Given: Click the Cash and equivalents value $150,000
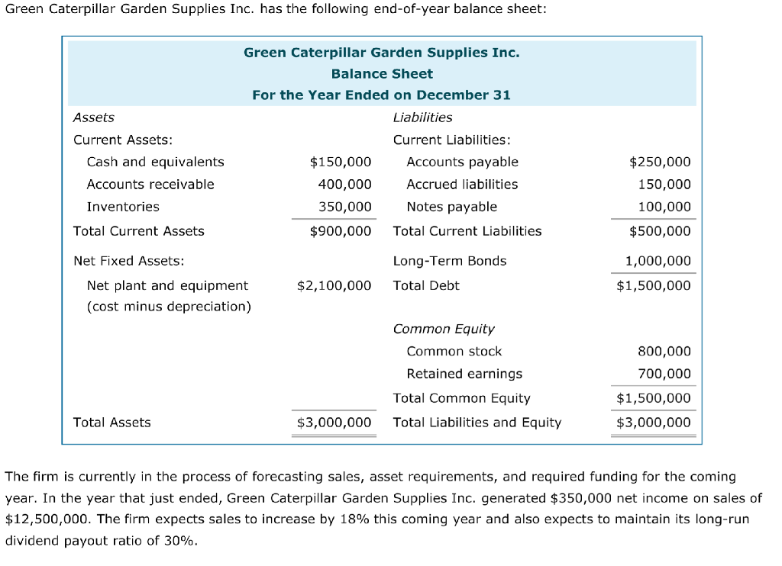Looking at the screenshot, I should (341, 162).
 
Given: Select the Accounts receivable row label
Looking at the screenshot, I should (150, 184).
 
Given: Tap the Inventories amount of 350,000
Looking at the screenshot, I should (345, 207).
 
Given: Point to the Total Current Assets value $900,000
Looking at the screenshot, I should (341, 231).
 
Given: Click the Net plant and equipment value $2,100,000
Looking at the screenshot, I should (334, 285).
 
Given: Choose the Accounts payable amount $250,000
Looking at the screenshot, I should (660, 162).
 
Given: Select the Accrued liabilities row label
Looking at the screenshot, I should (462, 184).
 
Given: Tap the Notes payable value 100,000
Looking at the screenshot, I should (664, 207).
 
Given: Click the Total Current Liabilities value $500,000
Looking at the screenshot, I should (660, 231).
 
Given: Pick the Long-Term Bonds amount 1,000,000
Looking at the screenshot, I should (658, 261).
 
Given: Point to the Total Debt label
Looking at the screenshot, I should (426, 285).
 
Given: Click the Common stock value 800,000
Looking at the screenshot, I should (664, 352).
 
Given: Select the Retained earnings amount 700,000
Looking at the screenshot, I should (664, 374).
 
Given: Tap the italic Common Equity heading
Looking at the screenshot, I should (444, 329).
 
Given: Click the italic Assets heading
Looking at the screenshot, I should (93, 117).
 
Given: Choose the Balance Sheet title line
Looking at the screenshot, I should (382, 74).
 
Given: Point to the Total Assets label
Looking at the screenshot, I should (112, 423).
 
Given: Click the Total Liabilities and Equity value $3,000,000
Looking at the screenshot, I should (654, 423).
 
